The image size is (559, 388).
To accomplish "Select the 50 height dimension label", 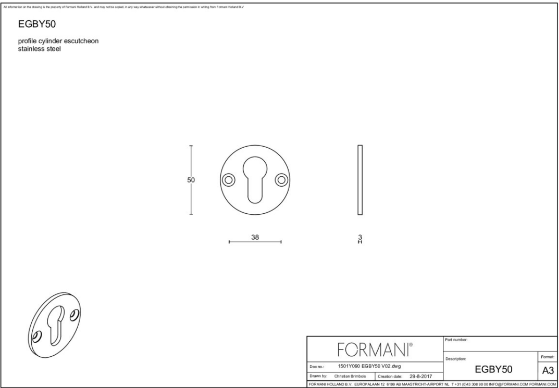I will (191, 180).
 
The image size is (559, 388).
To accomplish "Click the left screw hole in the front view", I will (228, 180).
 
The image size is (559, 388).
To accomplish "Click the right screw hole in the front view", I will (282, 180).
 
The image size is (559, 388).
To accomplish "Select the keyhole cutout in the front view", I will (255, 177).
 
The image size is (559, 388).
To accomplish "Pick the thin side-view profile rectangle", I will (360, 179).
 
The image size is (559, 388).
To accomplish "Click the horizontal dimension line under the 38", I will (255, 242).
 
